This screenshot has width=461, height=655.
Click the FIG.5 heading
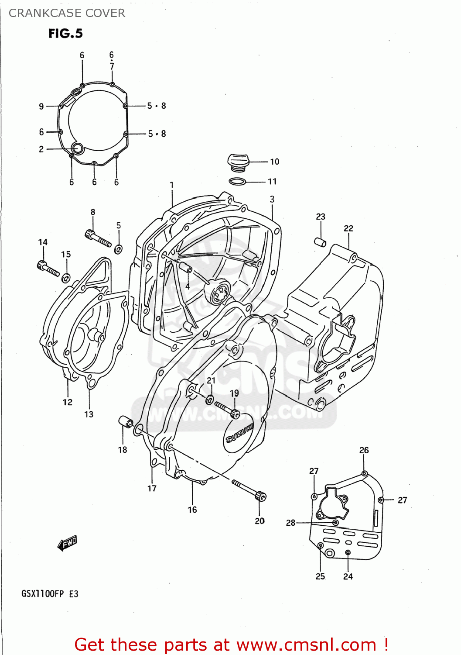65,34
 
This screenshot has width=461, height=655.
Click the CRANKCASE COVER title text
67,13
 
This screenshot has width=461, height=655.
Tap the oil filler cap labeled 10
237,162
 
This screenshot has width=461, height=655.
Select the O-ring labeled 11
238,182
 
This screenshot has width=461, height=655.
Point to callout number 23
321,217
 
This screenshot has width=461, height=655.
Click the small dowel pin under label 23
321,242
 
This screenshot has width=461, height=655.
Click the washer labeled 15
66,277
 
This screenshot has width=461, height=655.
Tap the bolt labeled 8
98,238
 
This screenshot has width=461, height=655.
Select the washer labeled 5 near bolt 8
118,249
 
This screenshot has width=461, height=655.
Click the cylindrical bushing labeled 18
125,422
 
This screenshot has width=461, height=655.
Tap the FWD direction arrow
67,543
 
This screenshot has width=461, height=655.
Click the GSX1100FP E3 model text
50,594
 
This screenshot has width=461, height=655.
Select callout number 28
290,523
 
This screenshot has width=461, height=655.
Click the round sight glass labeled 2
78,148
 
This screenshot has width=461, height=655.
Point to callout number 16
192,510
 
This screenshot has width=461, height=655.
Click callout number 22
348,228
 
